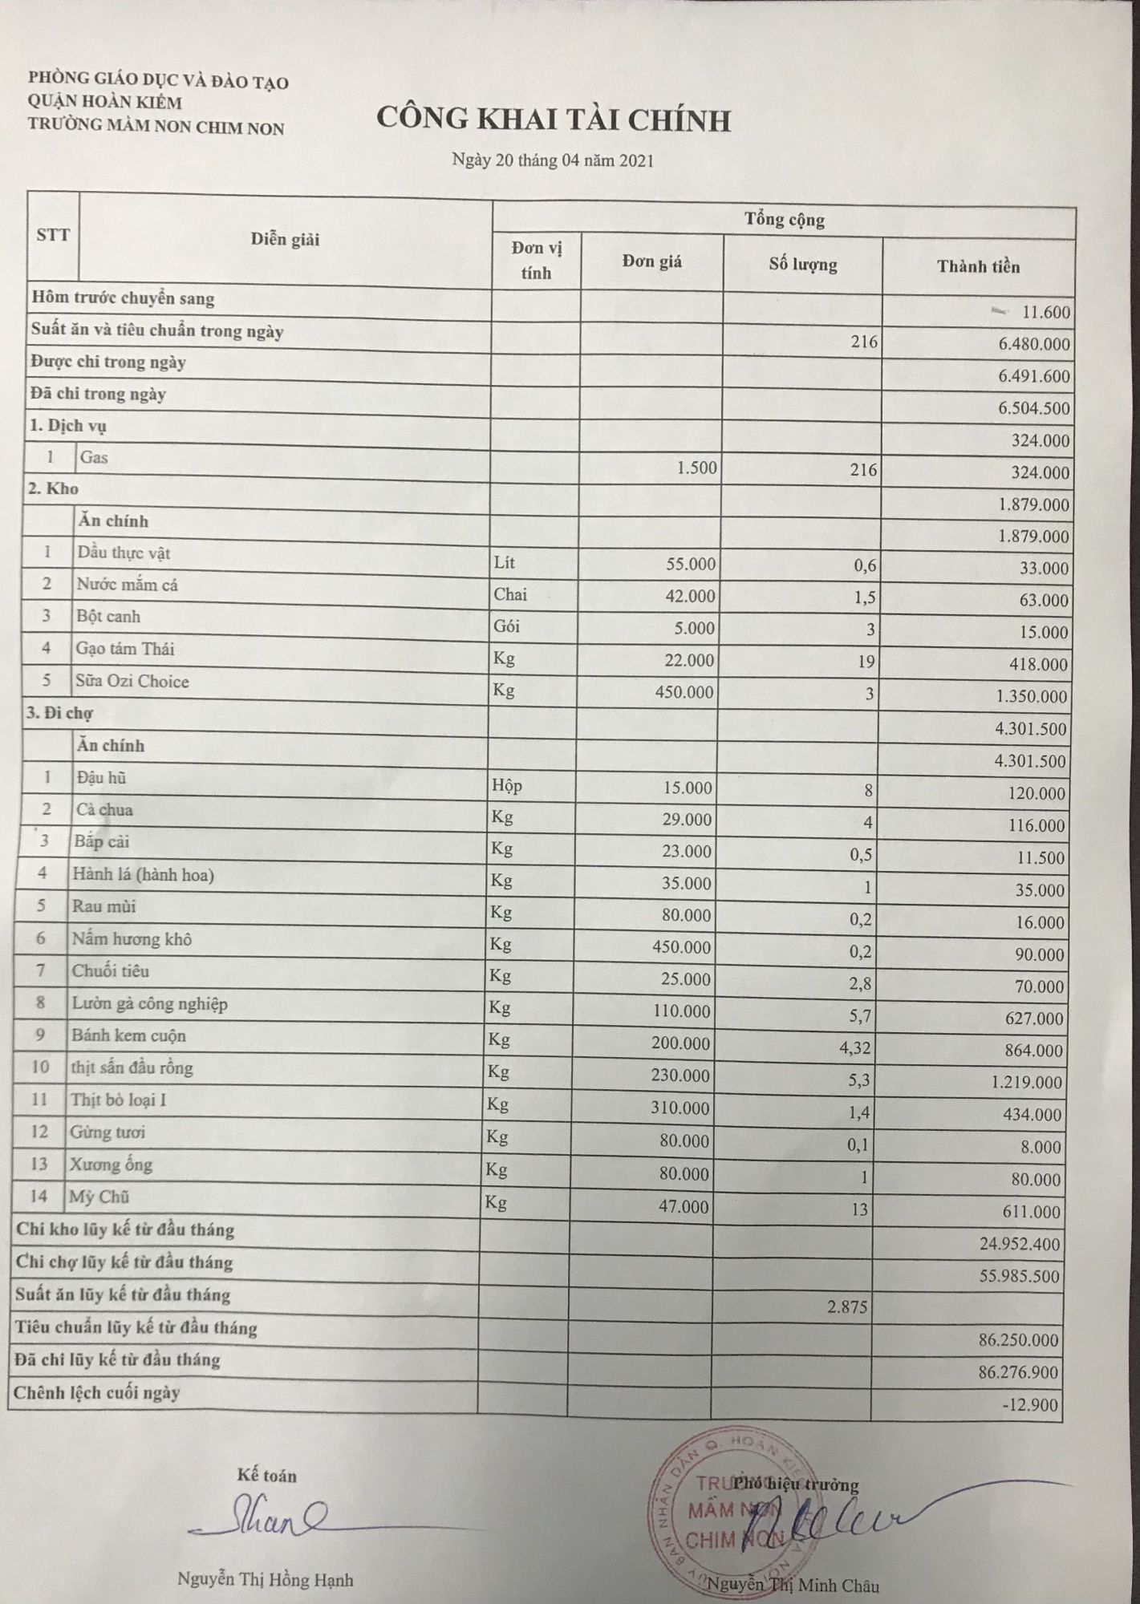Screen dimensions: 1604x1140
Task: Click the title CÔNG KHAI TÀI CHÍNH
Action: tap(554, 120)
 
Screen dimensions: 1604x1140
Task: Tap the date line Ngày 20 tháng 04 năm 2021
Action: tap(553, 160)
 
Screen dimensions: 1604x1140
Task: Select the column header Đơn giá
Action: tap(651, 261)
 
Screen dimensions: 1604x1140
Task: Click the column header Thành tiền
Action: tap(978, 267)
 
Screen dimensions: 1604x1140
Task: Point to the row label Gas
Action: tap(94, 458)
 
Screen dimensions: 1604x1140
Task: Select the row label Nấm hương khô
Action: tap(132, 939)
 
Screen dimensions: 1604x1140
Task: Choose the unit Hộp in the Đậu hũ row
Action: tap(507, 785)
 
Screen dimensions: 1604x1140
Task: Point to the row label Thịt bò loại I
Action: tap(119, 1100)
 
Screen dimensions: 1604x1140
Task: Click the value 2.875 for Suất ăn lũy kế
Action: tap(847, 1306)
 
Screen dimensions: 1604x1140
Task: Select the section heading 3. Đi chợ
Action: tap(59, 713)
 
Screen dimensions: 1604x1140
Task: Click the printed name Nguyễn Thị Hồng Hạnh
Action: tap(265, 1580)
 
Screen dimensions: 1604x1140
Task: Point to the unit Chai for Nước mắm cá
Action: tap(510, 594)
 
